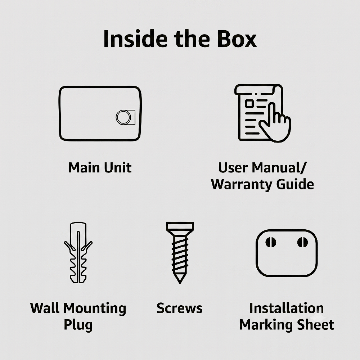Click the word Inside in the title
click(x=135, y=39)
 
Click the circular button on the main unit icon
click(x=123, y=117)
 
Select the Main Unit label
click(x=100, y=167)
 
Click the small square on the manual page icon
click(x=249, y=104)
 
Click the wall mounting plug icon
click(x=78, y=253)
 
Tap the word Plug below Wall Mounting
click(x=78, y=325)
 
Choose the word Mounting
click(x=95, y=309)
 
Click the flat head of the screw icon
click(x=180, y=226)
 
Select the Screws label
click(x=180, y=308)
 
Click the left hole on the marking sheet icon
click(x=271, y=242)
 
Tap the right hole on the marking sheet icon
click(x=302, y=242)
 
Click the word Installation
click(x=287, y=308)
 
